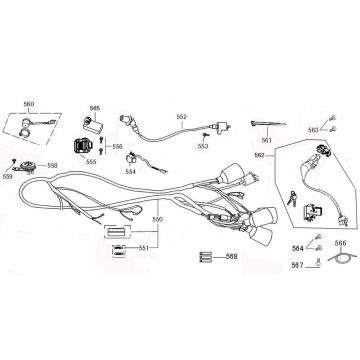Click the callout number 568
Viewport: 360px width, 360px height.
pyautogui.click(x=231, y=284)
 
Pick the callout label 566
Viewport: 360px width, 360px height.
pyautogui.click(x=339, y=271)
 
